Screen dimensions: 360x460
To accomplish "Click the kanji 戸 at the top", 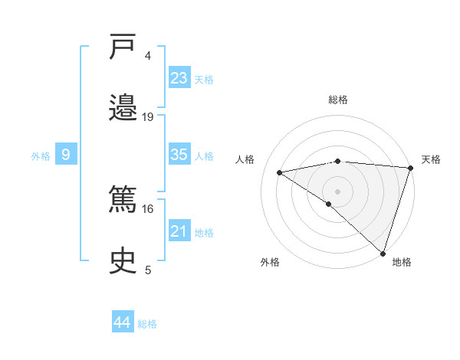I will [x=124, y=48].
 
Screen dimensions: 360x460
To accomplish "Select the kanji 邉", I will [x=124, y=107].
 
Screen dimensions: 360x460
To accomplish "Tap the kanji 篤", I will [x=124, y=200].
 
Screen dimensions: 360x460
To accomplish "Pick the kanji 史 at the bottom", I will [x=124, y=260].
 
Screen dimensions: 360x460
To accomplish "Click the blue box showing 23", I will [x=179, y=78].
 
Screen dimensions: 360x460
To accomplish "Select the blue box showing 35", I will [x=179, y=155].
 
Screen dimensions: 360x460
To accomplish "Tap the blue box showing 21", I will [x=179, y=231].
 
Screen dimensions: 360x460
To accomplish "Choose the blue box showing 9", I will [x=66, y=155].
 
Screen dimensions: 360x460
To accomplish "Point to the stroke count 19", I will [x=148, y=116].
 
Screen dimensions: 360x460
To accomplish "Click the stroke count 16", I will [x=148, y=208].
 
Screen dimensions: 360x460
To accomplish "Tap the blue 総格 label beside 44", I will [x=147, y=324].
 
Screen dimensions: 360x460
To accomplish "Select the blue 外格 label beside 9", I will [x=41, y=156].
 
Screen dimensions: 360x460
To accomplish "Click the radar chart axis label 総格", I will [x=338, y=100].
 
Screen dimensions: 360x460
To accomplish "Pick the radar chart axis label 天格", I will [x=431, y=159].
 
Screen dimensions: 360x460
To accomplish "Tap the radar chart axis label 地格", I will [x=402, y=262].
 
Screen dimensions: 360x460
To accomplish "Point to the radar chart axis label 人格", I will [x=245, y=159].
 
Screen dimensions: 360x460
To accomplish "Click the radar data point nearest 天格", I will [x=410, y=168].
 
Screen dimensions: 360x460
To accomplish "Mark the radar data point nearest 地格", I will [x=383, y=253].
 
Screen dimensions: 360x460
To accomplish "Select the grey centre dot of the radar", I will [x=338, y=191].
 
